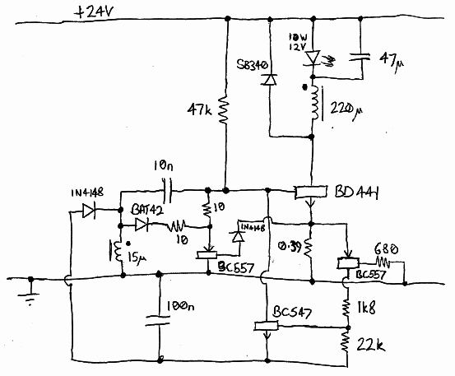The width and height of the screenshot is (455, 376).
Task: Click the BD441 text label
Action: click(x=359, y=193)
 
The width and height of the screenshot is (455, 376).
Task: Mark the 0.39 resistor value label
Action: click(x=288, y=244)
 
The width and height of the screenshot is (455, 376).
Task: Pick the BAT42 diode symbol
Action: click(x=143, y=223)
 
